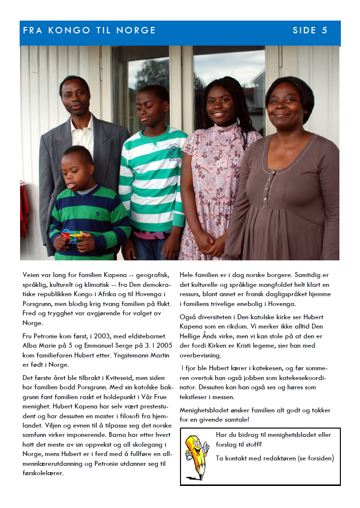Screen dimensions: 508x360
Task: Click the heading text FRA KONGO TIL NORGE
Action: (89, 30)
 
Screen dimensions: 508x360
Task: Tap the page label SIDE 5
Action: (310, 30)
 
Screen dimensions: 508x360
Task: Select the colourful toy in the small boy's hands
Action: (72, 236)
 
